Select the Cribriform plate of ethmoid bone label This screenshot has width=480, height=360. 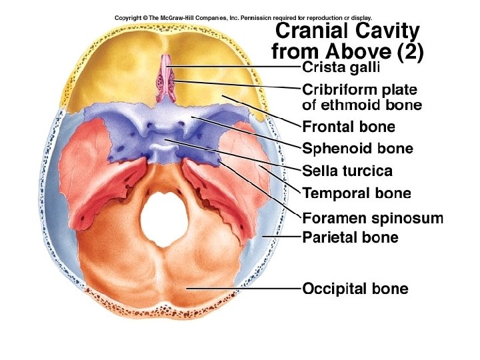point(362,97)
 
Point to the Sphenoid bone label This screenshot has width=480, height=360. point(357,149)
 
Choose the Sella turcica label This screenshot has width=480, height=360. point(347,171)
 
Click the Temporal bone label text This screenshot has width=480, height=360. point(357,194)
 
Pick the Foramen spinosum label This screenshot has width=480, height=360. point(373,218)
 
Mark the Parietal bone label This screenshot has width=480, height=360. point(350,237)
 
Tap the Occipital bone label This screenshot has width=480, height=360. point(355,289)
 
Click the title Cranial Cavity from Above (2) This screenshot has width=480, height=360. point(347,41)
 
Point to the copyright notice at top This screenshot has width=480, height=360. point(243,17)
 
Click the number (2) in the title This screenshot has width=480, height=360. point(408,51)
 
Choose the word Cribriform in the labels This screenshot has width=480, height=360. point(334,89)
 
